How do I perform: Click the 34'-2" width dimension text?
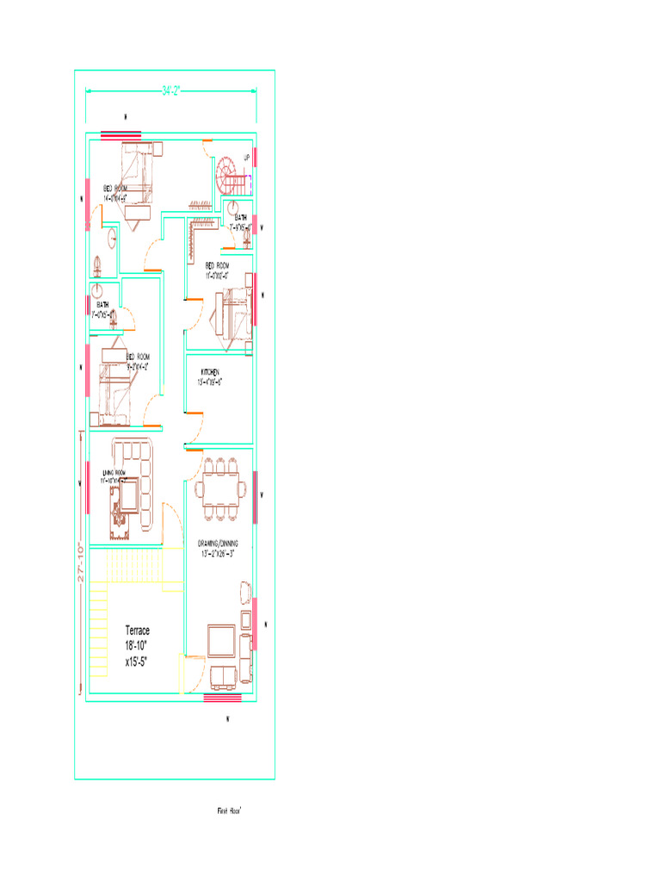[172, 90]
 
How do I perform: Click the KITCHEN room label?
[210, 372]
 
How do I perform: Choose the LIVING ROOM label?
[114, 473]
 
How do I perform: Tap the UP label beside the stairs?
[247, 158]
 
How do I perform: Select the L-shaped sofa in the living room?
[133, 469]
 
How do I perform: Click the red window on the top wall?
[120, 134]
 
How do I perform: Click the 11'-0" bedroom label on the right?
[217, 271]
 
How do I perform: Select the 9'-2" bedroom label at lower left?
[138, 361]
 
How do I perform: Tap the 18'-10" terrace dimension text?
[137, 647]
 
